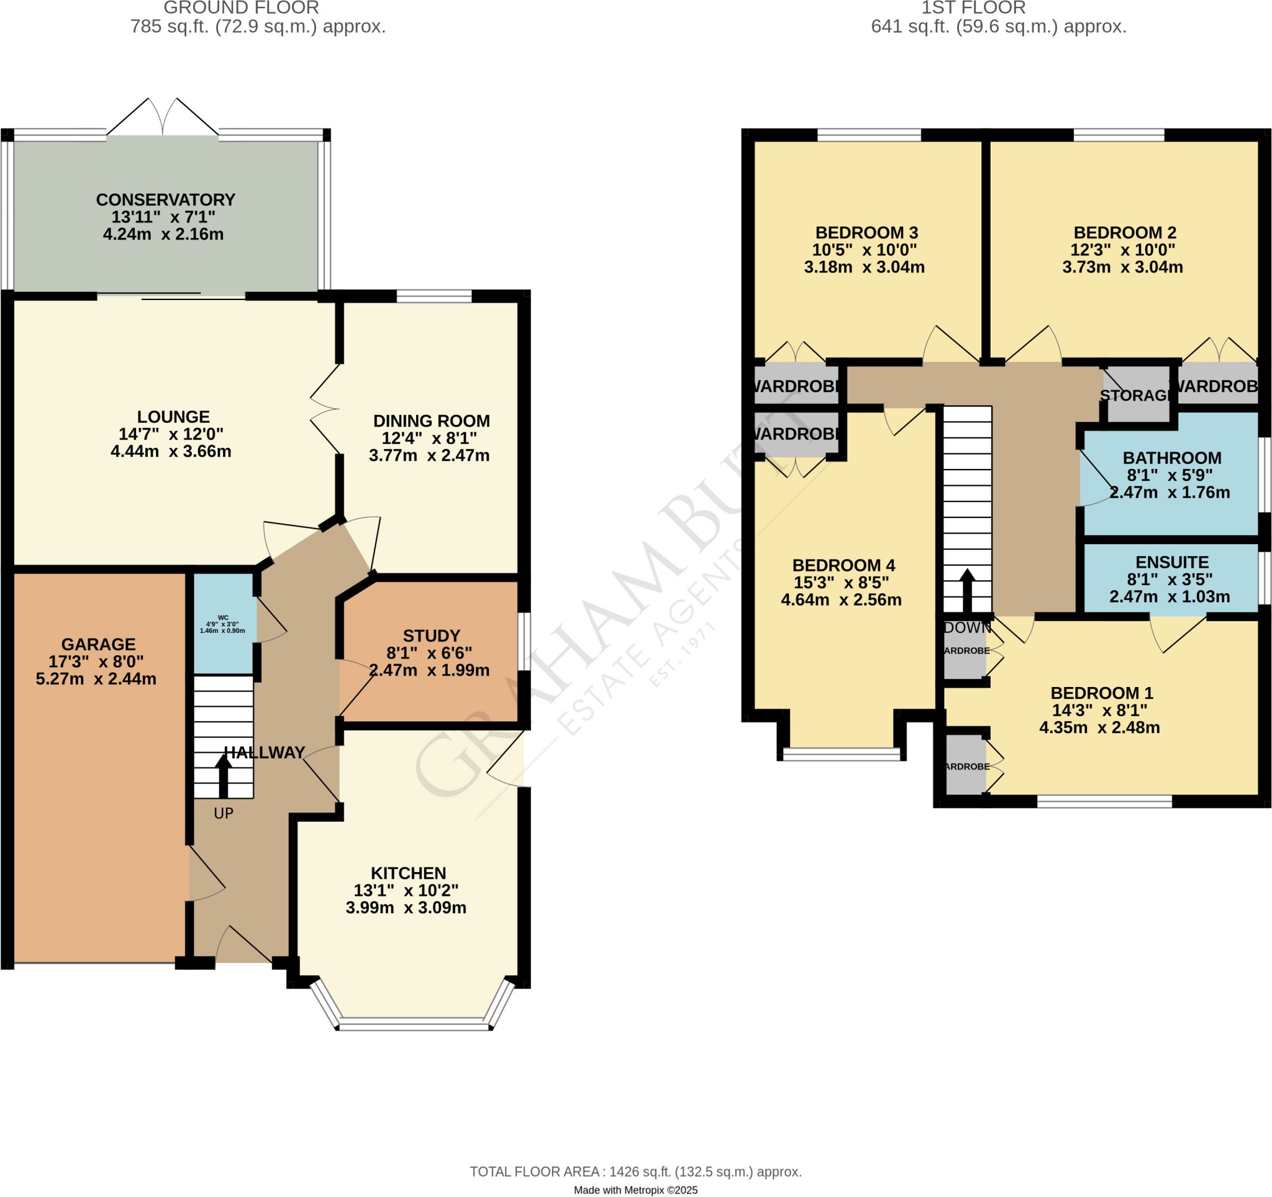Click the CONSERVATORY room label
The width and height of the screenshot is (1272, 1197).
pyautogui.click(x=166, y=199)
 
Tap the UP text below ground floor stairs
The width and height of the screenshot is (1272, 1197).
pyautogui.click(x=224, y=813)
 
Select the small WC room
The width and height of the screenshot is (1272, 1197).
pyautogui.click(x=223, y=624)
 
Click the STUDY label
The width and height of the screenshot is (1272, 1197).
pyautogui.click(x=431, y=635)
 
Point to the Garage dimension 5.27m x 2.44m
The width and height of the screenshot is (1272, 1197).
pyautogui.click(x=96, y=679)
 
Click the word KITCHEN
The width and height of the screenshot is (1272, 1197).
pyautogui.click(x=408, y=873)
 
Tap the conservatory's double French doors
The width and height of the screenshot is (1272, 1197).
pyautogui.click(x=163, y=119)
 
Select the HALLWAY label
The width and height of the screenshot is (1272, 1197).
pyautogui.click(x=264, y=752)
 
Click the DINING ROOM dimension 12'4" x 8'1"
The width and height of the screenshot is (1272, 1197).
pyautogui.click(x=429, y=439)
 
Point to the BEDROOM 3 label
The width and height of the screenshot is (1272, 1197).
pyautogui.click(x=866, y=232)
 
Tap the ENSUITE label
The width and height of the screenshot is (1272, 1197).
pyautogui.click(x=1171, y=562)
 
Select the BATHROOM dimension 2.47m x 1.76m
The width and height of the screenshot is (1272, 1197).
pyautogui.click(x=1169, y=492)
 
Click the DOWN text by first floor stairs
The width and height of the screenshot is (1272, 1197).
pyautogui.click(x=967, y=627)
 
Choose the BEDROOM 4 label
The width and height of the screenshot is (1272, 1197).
pyautogui.click(x=843, y=565)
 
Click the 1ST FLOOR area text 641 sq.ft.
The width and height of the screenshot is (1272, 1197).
pyautogui.click(x=998, y=27)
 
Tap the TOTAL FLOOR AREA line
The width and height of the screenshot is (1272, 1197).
pyautogui.click(x=635, y=1172)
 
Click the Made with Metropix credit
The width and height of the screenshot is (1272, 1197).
pyautogui.click(x=635, y=1190)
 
